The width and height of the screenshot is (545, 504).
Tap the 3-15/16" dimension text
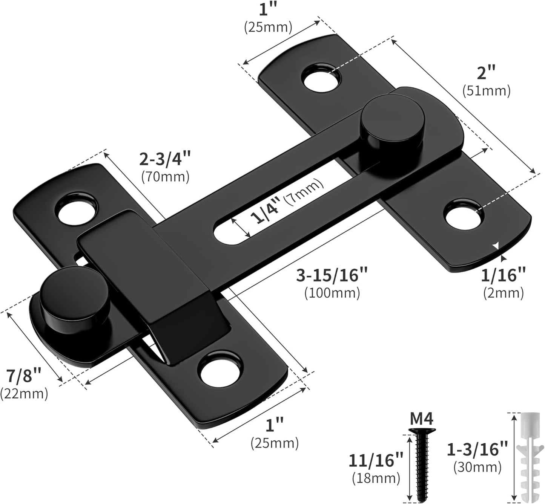click(x=332, y=276)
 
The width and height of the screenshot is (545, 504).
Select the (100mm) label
click(x=332, y=293)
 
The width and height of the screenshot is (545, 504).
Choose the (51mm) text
click(x=486, y=90)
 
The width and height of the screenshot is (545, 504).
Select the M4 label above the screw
click(x=422, y=418)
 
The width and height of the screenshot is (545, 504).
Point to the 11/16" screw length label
click(x=376, y=460)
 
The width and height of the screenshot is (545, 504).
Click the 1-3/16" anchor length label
click(x=477, y=449)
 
